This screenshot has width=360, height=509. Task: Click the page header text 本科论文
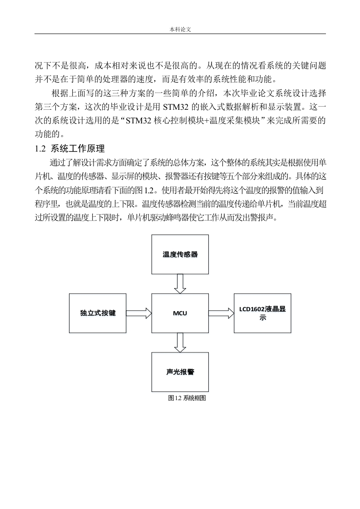point(180,29)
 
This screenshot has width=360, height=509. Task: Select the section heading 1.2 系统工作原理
point(69,149)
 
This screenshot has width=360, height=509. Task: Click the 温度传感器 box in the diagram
point(180,254)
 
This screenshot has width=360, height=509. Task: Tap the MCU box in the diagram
point(180,313)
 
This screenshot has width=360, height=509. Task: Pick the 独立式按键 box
point(98,313)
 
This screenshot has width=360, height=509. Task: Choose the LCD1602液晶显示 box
point(262,313)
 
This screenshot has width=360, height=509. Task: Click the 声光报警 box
point(180,372)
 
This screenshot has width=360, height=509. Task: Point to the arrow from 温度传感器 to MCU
point(180,284)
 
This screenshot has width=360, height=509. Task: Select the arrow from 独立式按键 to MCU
point(139,313)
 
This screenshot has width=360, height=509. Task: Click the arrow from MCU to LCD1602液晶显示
point(221,313)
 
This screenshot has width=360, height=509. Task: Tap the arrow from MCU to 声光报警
point(180,343)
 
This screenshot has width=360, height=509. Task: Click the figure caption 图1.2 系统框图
point(187,398)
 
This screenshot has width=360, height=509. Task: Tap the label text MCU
point(180,313)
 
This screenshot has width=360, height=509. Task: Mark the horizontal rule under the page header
point(180,34)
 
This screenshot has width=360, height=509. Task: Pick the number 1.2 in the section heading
point(40,149)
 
